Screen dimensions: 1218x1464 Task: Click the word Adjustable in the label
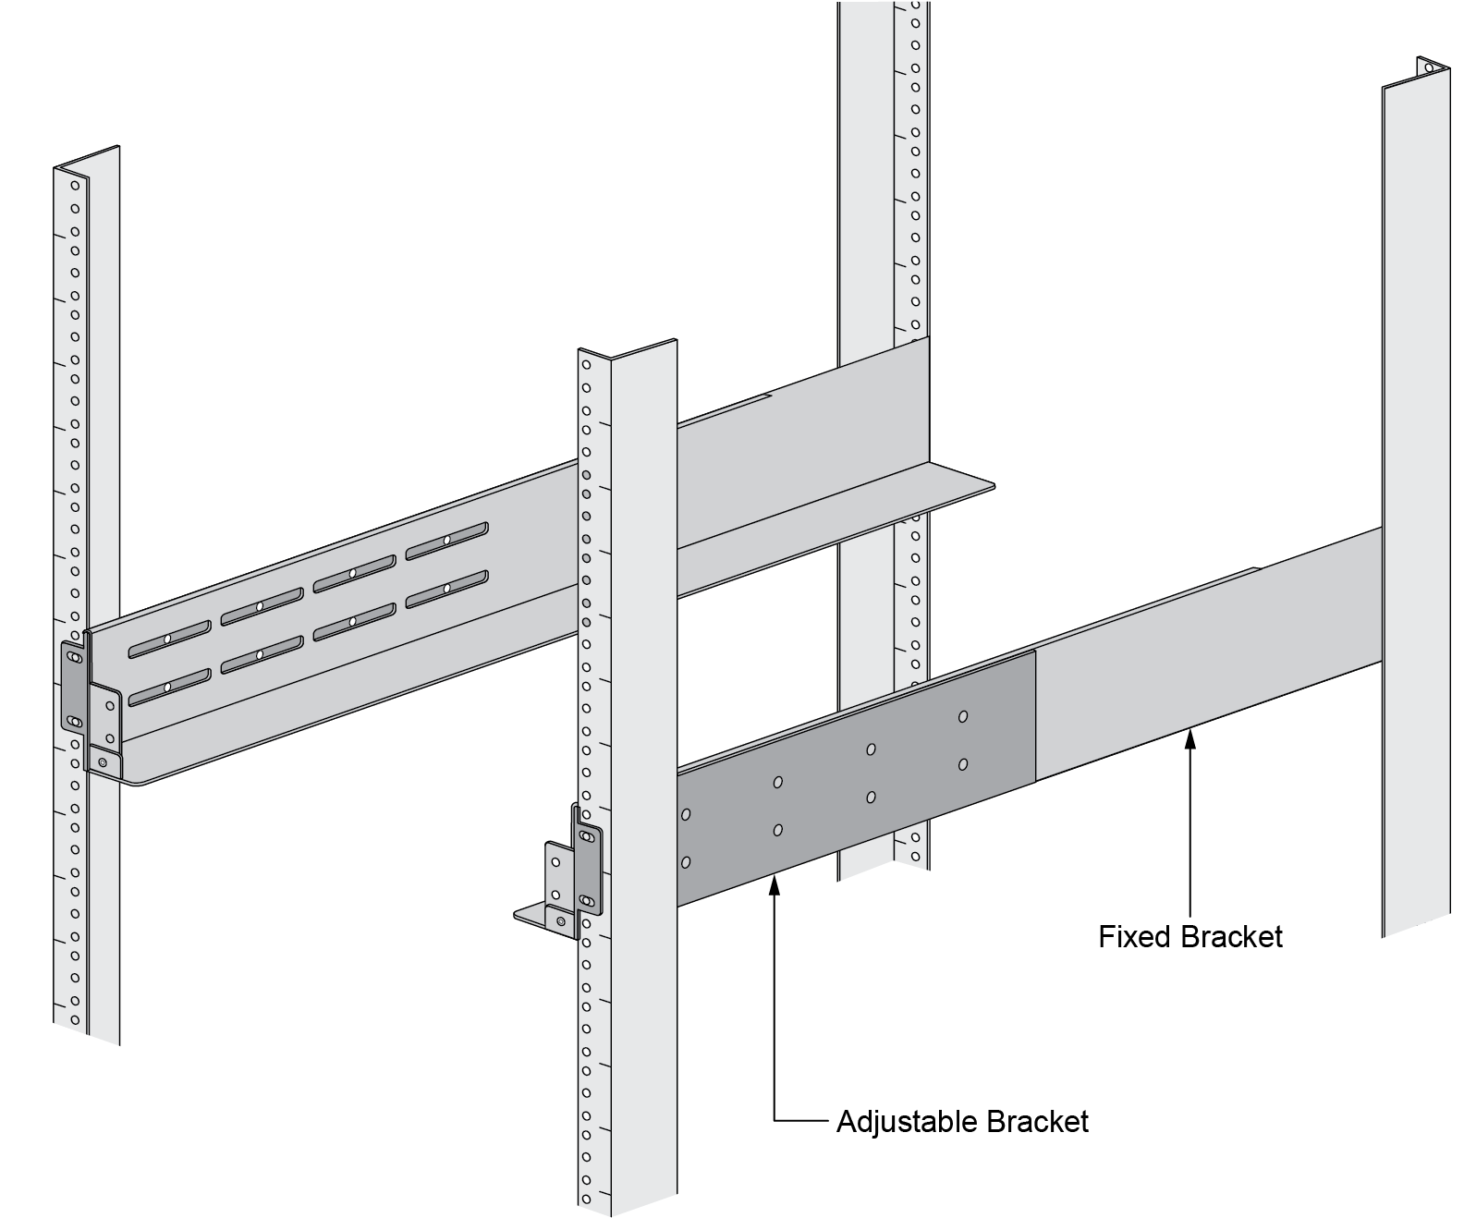(907, 1122)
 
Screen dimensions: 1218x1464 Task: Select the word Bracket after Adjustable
(1038, 1122)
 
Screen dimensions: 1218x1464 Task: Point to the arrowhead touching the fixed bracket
(1190, 737)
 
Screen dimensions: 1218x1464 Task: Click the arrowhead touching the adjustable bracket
(775, 884)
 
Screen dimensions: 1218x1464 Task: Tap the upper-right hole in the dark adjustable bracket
(963, 716)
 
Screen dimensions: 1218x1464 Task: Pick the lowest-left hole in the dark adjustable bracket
(686, 862)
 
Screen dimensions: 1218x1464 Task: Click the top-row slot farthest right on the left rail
(446, 540)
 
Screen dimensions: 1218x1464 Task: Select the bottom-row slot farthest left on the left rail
(168, 688)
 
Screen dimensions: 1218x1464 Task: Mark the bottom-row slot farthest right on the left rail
(446, 588)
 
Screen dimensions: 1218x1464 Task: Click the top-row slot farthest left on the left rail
(168, 639)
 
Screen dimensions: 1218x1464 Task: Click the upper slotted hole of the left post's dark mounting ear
(74, 657)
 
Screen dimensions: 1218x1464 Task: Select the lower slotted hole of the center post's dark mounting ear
(586, 899)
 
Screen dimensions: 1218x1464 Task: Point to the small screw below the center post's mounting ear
(560, 921)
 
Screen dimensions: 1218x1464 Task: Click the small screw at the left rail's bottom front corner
(104, 762)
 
